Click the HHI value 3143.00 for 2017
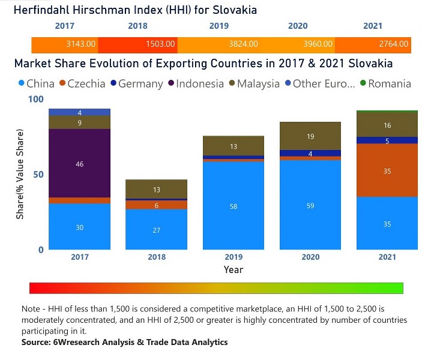point(80,44)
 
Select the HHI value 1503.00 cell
point(160,44)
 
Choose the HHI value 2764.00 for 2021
point(394,44)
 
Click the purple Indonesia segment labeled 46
point(80,163)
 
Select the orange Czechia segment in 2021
point(387,170)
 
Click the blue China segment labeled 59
point(310,206)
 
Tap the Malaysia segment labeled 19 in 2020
point(310,136)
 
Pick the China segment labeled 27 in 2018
point(156,230)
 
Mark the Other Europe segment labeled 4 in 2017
point(80,112)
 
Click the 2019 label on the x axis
point(233,257)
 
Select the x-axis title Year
point(233,269)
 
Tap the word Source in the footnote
point(37,342)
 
